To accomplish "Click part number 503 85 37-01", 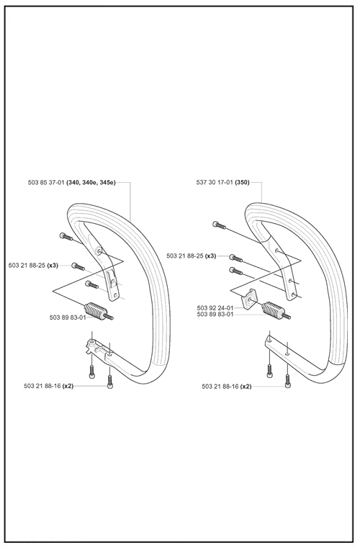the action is click(46, 183).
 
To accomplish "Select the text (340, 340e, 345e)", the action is click(91, 183).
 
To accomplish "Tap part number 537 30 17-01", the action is click(215, 183).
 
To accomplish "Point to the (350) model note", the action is click(243, 183).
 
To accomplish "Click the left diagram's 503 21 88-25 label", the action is click(27, 266).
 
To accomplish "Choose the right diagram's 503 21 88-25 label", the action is click(185, 256).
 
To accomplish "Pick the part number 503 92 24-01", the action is click(215, 308).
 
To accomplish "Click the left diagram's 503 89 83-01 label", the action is click(68, 317).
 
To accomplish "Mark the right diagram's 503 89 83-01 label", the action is click(215, 315).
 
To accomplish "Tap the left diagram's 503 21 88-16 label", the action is click(42, 386).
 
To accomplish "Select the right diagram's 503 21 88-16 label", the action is click(220, 387).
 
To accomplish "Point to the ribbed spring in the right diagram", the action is click(276, 310).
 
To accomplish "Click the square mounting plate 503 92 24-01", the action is click(249, 299).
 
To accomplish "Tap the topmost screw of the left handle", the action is click(67, 237).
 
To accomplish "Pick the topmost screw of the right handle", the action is click(220, 225).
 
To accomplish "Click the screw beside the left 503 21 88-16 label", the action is click(110, 382).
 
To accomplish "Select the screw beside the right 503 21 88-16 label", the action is click(288, 382).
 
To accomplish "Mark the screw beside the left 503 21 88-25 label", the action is click(78, 266).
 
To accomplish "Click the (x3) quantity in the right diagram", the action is click(210, 256).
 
